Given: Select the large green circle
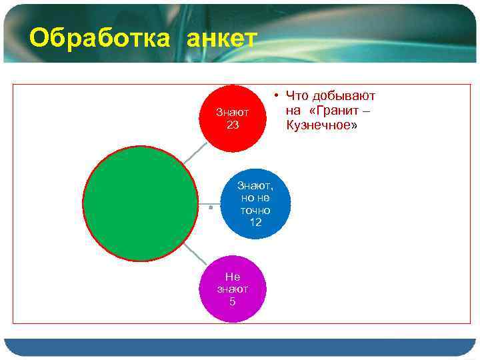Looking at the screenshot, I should pos(140,203).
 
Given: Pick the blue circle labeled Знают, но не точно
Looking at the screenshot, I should pos(255,203).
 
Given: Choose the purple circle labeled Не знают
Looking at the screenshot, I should pos(233,289).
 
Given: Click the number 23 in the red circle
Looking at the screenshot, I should pos(233,125).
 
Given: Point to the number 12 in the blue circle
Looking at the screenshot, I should pos(255,222).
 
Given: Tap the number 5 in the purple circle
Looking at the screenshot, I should pos(233,301).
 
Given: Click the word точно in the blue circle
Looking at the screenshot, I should pos(255,210).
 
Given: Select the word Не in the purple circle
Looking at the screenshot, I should pos(233,277).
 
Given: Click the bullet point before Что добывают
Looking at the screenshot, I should pos(275,97).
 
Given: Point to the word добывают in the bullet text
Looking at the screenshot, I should pos(344,97).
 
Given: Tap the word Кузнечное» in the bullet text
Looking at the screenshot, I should pos(321,125).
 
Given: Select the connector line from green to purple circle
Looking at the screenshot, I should pos(193,253).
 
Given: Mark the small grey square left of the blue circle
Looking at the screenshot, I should pos(210,208).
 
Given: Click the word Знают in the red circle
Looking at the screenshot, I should pos(233,112).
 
